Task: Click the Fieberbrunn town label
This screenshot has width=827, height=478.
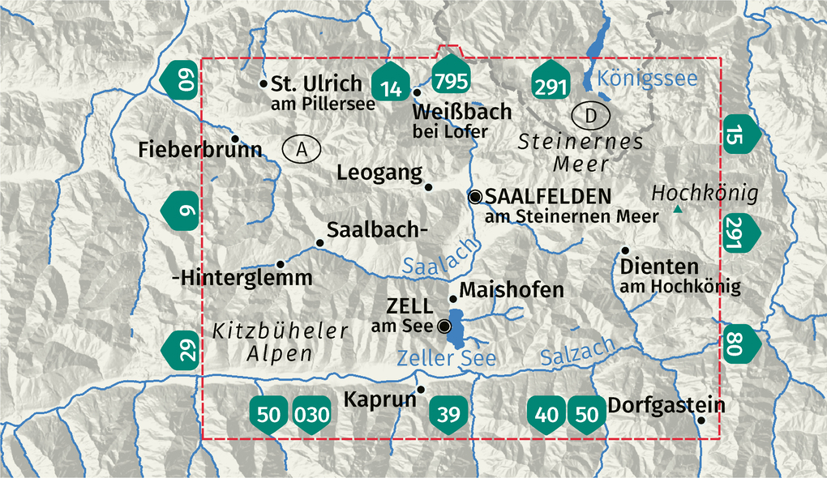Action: click(x=199, y=149)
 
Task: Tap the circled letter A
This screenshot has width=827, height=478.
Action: click(x=302, y=148)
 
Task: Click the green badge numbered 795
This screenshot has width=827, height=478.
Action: click(x=451, y=79)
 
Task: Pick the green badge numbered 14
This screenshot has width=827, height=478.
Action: click(x=390, y=85)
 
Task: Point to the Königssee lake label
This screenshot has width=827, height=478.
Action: click(x=647, y=78)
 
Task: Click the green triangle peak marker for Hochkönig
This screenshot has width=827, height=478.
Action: click(x=676, y=211)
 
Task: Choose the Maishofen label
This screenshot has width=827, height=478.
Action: click(x=511, y=289)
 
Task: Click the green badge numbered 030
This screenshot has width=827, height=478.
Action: click(x=312, y=415)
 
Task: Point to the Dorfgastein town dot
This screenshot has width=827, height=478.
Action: click(x=701, y=420)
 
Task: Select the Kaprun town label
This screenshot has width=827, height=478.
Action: click(x=379, y=399)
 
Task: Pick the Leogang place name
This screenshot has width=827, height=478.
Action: click(x=379, y=172)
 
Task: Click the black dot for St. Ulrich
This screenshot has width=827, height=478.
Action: click(x=263, y=83)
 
